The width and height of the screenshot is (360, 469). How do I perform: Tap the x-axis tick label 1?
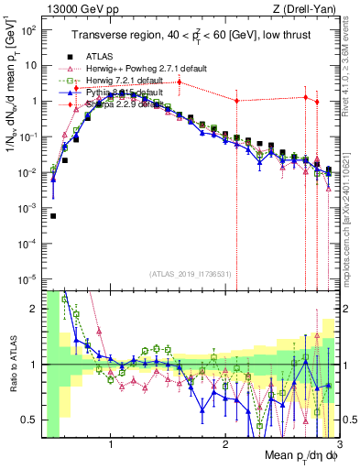[x=111, y=446]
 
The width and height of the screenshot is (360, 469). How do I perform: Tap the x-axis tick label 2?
[x=225, y=446]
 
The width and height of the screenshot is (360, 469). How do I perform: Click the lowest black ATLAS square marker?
[x=53, y=216]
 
